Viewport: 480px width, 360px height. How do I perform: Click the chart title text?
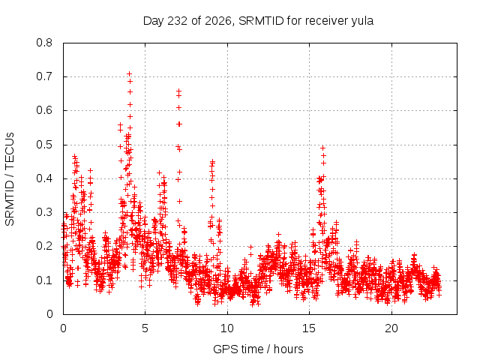pyautogui.click(x=258, y=21)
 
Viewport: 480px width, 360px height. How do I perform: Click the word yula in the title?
pyautogui.click(x=361, y=22)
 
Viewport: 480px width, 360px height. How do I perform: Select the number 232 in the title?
pyautogui.click(x=178, y=21)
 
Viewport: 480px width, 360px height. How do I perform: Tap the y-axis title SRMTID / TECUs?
pyautogui.click(x=10, y=179)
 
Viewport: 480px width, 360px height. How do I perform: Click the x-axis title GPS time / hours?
pyautogui.click(x=258, y=349)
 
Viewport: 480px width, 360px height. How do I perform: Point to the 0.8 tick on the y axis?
pyautogui.click(x=44, y=43)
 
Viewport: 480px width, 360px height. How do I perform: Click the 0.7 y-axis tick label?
pyautogui.click(x=44, y=76)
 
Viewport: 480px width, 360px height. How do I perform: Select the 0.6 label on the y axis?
pyautogui.click(x=44, y=110)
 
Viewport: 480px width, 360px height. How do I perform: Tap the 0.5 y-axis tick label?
pyautogui.click(x=44, y=145)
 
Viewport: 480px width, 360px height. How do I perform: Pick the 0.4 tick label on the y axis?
pyautogui.click(x=44, y=178)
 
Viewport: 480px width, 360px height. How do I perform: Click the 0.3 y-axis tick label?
pyautogui.click(x=44, y=212)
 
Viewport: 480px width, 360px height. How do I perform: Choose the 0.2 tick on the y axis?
pyautogui.click(x=44, y=246)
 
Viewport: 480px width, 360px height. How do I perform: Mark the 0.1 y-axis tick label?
pyautogui.click(x=44, y=280)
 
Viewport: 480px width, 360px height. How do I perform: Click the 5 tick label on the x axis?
pyautogui.click(x=145, y=328)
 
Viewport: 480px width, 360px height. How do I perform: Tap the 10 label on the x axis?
pyautogui.click(x=227, y=328)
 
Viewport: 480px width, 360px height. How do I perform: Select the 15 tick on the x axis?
pyautogui.click(x=309, y=328)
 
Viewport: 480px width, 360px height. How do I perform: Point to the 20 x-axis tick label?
pyautogui.click(x=391, y=328)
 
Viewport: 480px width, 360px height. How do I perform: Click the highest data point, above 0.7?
pyautogui.click(x=130, y=73)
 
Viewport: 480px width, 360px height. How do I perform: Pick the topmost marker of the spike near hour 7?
pyautogui.click(x=178, y=91)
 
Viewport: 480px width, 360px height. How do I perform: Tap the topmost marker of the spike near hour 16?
pyautogui.click(x=322, y=148)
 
